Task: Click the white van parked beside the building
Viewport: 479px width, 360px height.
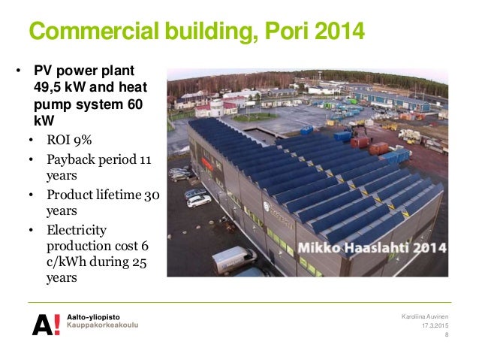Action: [233, 259]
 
